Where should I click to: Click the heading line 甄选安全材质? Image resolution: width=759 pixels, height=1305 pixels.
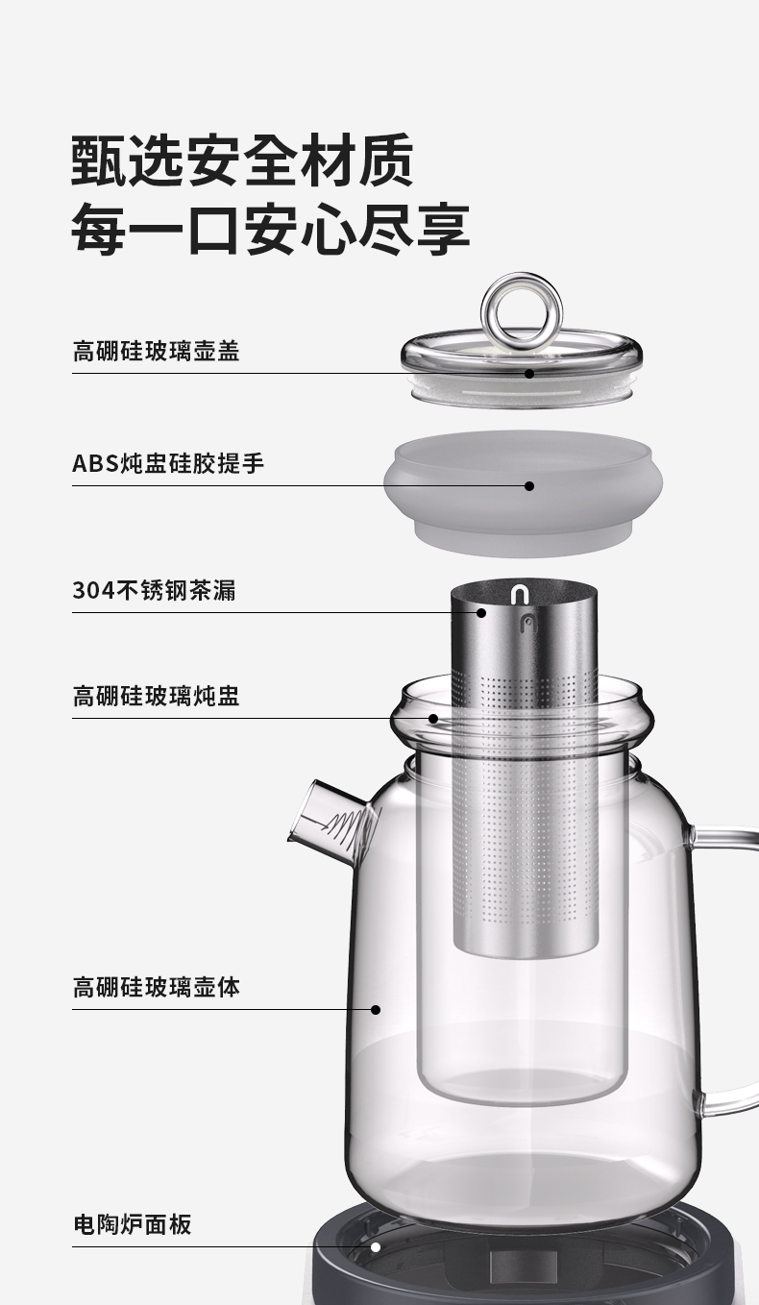pos(242,160)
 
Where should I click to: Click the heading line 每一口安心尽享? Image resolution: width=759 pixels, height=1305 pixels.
pos(271,229)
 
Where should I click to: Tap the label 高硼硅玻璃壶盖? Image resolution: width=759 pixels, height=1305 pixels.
pos(156,352)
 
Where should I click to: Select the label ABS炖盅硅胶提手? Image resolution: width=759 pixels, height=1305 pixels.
pos(168,464)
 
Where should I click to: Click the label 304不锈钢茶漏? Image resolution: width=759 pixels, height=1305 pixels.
pos(155,590)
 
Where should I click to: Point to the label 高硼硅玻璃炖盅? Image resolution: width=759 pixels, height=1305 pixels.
pos(156,696)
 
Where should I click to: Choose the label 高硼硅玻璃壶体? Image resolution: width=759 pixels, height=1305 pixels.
pos(156,988)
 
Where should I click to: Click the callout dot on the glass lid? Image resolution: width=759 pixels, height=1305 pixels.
pos(529,374)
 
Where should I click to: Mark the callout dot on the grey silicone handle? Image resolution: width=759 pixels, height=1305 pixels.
pos(529,486)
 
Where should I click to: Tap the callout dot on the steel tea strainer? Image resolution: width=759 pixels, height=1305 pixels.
pos(481,612)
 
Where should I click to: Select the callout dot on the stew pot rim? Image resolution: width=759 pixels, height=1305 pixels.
pos(432,719)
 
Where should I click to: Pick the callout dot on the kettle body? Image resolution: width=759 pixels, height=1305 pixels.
pos(376,1010)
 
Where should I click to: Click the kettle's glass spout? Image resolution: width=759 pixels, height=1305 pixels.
pos(333,822)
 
